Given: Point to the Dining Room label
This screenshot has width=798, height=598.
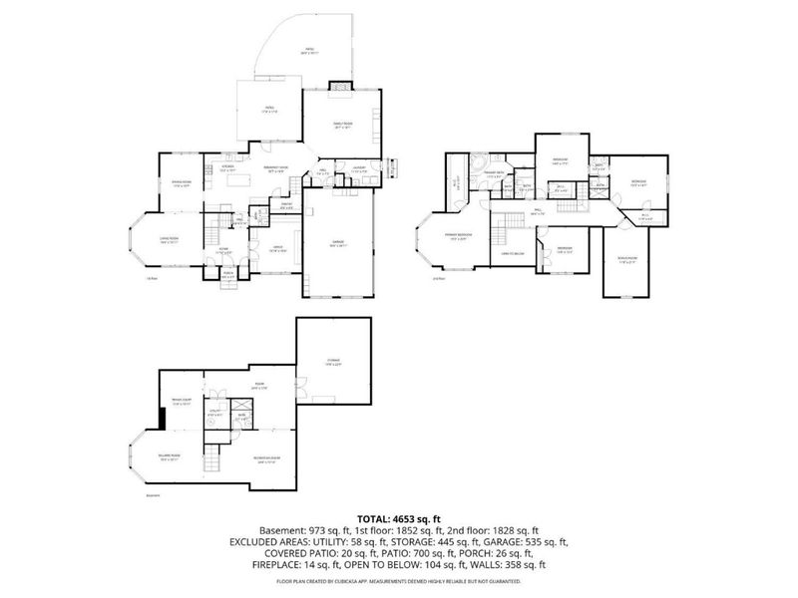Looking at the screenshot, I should [182, 184].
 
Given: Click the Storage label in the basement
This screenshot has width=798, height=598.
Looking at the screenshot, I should [333, 361].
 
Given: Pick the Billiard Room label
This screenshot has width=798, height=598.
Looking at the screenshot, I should [168, 458].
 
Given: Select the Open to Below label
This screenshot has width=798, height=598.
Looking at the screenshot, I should [515, 254].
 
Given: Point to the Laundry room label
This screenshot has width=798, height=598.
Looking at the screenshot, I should [360, 170].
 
